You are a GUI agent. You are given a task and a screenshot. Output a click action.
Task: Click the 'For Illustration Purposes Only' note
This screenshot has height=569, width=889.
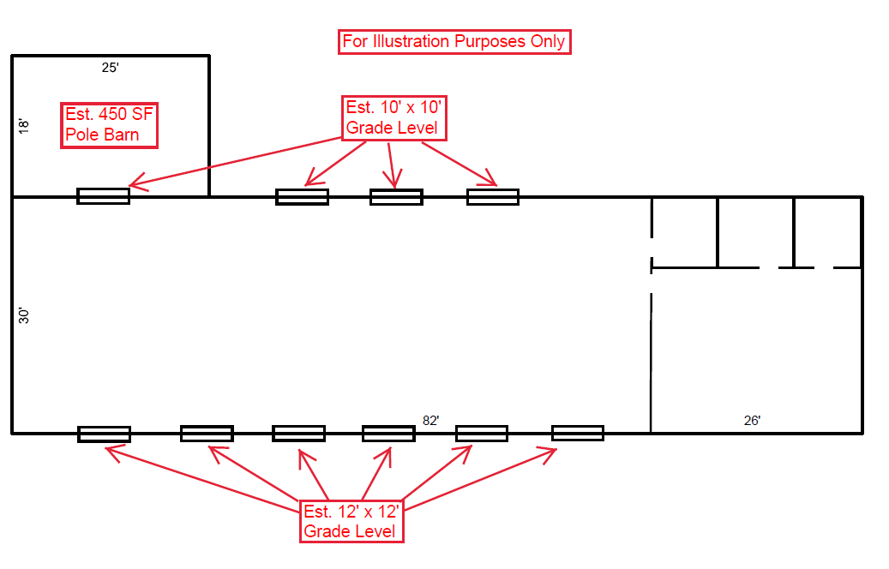tap(454, 42)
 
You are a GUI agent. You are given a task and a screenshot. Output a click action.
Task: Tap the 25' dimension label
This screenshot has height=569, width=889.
tap(110, 68)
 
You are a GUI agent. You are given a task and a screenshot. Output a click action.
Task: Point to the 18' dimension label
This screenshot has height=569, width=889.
tap(24, 125)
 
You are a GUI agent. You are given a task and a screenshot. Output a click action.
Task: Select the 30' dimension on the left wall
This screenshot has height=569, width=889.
tap(24, 315)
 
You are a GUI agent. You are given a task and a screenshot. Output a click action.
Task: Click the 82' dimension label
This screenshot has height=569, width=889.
tap(430, 420)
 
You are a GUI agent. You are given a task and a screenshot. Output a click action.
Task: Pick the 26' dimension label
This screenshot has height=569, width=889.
tap(752, 420)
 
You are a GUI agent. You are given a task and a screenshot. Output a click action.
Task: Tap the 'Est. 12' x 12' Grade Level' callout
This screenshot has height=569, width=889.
tap(352, 521)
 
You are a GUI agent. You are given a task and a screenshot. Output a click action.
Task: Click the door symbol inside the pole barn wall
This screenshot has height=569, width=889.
tap(104, 196)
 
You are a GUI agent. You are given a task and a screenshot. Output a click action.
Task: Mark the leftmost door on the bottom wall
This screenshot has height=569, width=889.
tap(104, 434)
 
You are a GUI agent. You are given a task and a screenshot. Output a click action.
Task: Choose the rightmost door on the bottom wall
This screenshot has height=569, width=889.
tap(577, 433)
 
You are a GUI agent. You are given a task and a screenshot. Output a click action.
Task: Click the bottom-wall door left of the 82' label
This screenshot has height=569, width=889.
tap(388, 434)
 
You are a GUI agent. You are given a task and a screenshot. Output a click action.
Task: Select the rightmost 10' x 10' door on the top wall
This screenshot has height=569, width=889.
tap(493, 197)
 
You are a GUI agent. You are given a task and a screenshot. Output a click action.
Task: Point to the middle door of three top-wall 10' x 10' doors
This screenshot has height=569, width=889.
tap(396, 197)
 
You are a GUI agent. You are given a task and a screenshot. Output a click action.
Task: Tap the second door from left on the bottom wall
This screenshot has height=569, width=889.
tap(207, 434)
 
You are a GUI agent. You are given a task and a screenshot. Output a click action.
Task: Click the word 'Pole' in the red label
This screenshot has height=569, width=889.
tap(82, 135)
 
